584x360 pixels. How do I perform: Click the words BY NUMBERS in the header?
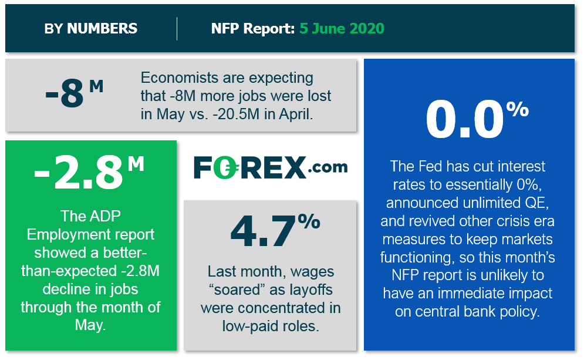click(90, 28)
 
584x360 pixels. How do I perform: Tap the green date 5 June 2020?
click(342, 28)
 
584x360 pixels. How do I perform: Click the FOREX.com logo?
click(270, 167)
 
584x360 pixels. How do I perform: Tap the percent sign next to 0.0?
click(517, 110)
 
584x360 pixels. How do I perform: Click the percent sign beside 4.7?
click(308, 221)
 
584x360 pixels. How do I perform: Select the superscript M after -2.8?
click(136, 163)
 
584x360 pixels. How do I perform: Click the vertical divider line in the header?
click(177, 29)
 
